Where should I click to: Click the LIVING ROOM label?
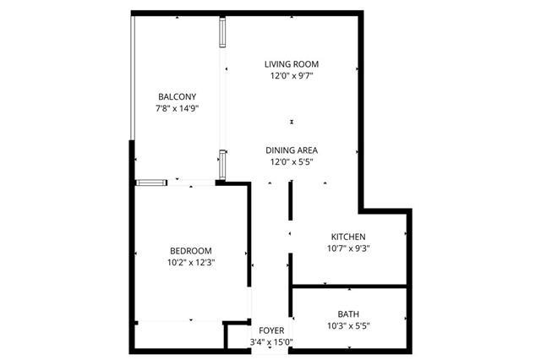292,64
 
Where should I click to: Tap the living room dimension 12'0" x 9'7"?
292,76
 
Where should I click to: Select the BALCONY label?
177,97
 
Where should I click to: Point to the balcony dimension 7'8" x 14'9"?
177,109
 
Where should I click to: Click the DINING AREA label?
292,150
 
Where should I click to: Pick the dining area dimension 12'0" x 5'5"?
292,162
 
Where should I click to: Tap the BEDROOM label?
191,251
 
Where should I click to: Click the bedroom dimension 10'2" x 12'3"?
191,263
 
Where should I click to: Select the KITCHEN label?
348,237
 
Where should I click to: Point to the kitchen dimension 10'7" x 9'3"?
348,248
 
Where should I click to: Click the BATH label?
348,314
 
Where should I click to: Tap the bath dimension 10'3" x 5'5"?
348,326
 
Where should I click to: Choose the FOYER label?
271,330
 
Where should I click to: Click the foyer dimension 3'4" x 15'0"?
271,342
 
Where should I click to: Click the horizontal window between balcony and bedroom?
151,183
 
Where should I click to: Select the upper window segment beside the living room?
222,32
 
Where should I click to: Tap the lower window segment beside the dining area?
222,165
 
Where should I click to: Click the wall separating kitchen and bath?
349,286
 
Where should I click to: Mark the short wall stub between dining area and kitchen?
291,200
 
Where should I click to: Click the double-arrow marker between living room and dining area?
292,122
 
